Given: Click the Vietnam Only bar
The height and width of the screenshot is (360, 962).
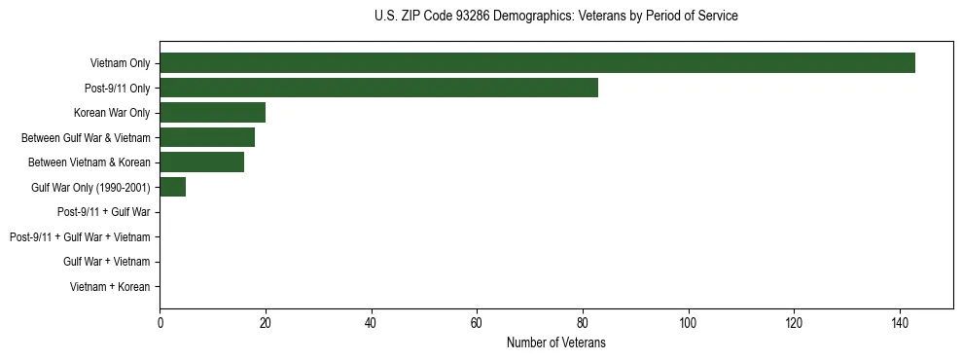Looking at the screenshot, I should (537, 63).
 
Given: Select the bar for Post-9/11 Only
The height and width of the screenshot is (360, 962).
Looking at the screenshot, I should (378, 88).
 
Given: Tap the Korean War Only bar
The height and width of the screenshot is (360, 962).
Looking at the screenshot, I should (212, 113).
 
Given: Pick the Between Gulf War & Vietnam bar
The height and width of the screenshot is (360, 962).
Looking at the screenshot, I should (207, 137).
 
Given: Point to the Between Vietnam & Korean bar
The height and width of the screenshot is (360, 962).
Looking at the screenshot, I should (201, 162).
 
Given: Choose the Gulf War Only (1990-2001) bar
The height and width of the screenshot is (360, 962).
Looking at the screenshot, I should (172, 187).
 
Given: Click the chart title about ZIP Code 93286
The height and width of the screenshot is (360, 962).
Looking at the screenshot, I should (555, 17).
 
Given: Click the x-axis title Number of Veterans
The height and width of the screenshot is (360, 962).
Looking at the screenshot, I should (555, 342).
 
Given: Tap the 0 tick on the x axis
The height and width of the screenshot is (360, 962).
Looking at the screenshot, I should (160, 323).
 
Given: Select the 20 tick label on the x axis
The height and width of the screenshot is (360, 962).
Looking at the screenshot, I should (266, 323).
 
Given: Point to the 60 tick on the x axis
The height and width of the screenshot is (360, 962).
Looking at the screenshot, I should (477, 323).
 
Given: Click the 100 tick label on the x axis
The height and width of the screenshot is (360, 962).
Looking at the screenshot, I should (689, 323).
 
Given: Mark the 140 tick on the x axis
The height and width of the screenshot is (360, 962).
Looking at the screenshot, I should (900, 323).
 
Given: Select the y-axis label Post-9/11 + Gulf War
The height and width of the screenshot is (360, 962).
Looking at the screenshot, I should (103, 212).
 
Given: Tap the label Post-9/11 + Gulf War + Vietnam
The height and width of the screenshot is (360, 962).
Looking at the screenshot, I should (80, 237).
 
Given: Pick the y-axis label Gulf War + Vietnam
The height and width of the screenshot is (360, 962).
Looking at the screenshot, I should (106, 262).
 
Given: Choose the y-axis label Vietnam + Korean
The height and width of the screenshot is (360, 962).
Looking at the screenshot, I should (110, 287).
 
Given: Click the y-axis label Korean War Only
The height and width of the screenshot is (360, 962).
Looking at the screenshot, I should (112, 113).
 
